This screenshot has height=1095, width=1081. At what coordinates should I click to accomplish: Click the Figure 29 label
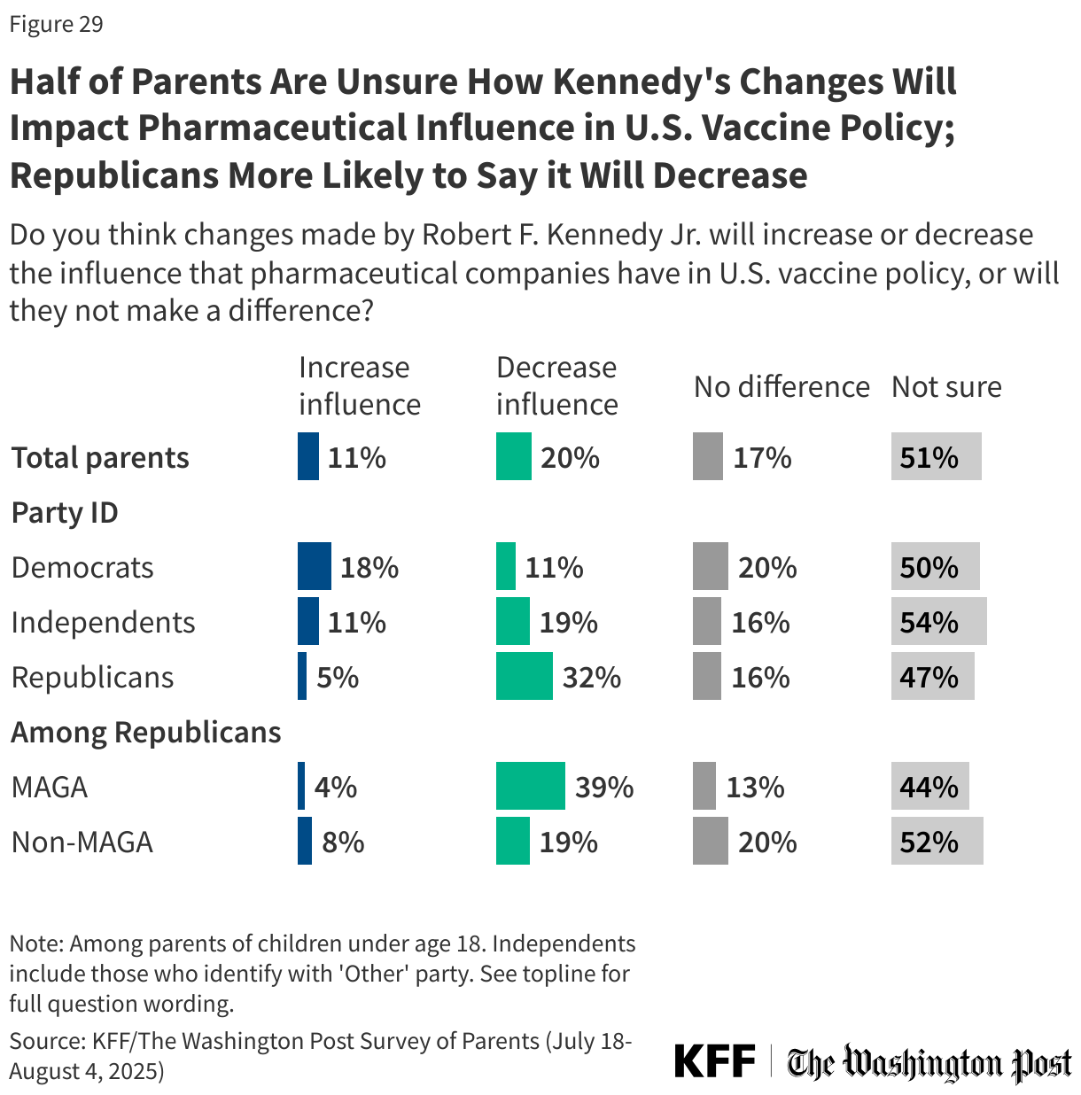point(56,24)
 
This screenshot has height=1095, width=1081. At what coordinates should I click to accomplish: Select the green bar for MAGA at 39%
point(530,786)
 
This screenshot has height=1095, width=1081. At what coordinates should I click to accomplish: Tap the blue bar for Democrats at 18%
point(314,567)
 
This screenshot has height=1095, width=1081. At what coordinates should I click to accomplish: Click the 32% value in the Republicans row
point(591,677)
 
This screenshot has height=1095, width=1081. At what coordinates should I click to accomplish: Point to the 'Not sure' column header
point(945,386)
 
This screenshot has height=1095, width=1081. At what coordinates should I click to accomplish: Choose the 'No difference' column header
point(781,386)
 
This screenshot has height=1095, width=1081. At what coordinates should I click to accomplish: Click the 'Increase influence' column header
point(359,385)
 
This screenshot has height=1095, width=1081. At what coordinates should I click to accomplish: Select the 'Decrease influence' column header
point(556,385)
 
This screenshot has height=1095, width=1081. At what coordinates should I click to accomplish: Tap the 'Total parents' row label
point(100,457)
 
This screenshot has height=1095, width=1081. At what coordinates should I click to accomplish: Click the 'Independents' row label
point(103,622)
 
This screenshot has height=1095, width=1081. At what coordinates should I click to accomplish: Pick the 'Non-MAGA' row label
point(82,842)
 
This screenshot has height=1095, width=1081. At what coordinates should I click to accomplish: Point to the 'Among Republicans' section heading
point(145,732)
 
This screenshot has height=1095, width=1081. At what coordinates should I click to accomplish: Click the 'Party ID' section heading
point(65,512)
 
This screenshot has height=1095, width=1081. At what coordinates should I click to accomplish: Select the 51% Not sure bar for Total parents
point(936,457)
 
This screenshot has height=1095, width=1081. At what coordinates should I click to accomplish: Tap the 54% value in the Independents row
point(929,622)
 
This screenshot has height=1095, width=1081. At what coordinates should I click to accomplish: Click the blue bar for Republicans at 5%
point(302,677)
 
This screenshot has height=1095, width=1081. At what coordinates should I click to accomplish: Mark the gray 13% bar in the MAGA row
point(704,786)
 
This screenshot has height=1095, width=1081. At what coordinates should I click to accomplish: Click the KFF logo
point(714,1060)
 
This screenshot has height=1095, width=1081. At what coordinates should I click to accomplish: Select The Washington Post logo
point(929,1062)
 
